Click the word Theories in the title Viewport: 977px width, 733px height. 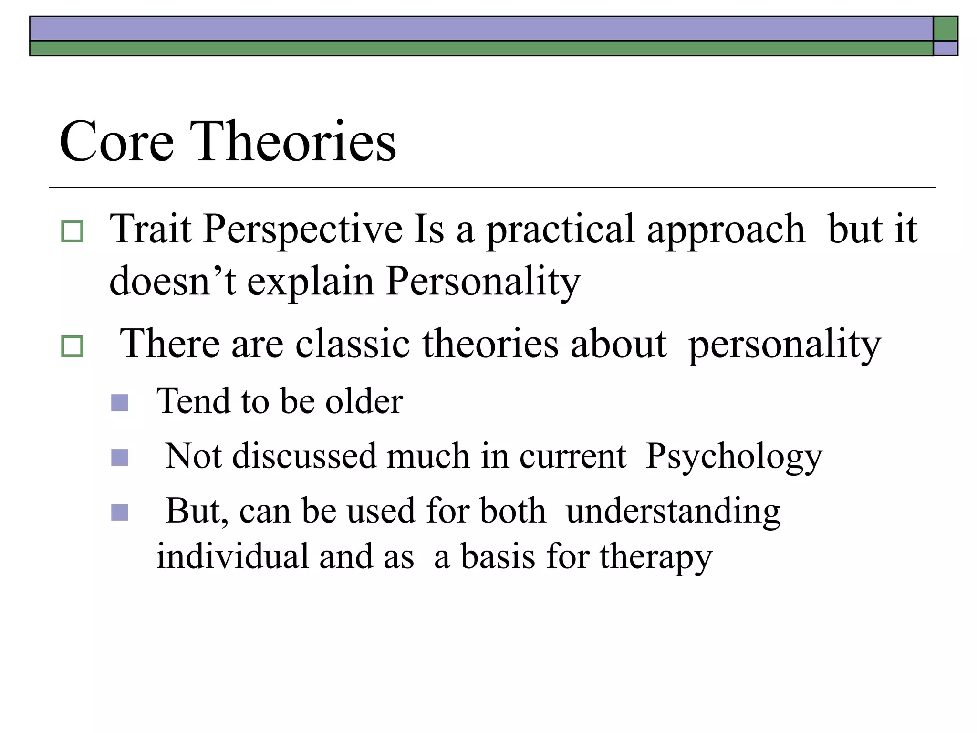pos(293,142)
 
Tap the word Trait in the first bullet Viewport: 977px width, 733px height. pos(151,229)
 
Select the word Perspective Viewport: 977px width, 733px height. pos(303,230)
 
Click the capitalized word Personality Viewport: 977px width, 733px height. pos(483,282)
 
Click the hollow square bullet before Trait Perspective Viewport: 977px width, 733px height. pos(73,231)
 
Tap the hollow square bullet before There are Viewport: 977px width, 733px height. pos(73,346)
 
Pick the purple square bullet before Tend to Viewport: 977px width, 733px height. pos(119,402)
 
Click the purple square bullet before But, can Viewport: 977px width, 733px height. pos(119,513)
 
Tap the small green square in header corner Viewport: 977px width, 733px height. pos(945,29)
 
